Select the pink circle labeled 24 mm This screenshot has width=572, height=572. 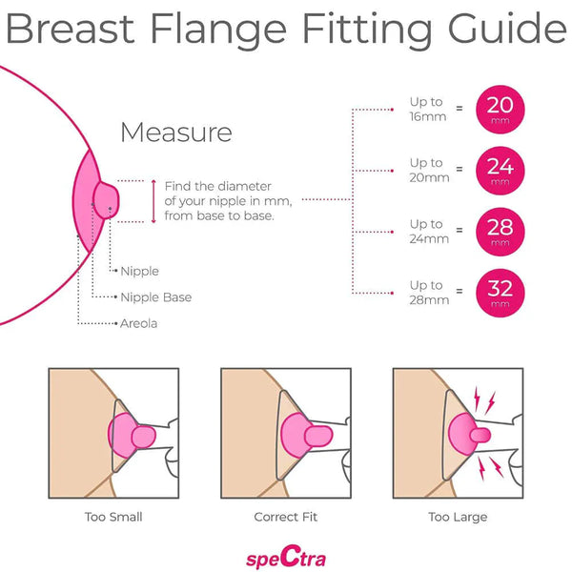point(500,169)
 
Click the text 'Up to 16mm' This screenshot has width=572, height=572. point(426,109)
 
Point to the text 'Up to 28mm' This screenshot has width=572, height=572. point(426,292)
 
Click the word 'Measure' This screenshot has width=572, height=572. point(175,132)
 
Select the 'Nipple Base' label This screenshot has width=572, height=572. point(155,297)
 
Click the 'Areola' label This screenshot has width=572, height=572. point(138,323)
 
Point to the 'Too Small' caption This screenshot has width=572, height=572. point(113,517)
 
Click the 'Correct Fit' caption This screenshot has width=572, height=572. point(286,517)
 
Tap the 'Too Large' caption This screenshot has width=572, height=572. point(459,517)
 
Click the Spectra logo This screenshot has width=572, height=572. point(286,557)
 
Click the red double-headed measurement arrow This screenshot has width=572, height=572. point(153,200)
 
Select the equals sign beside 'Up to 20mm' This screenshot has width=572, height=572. point(460,169)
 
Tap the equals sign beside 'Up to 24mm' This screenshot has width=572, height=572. point(460,230)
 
